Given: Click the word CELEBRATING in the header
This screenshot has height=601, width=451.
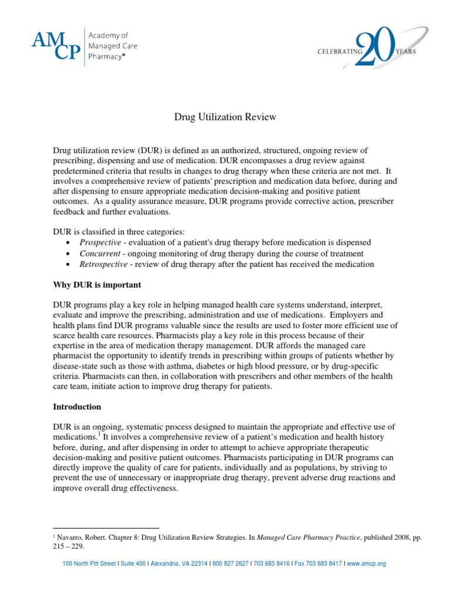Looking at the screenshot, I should pyautogui.click(x=341, y=51).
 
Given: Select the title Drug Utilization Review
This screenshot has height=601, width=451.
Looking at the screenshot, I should pyautogui.click(x=225, y=117).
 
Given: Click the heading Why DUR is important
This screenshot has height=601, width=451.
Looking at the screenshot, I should pyautogui.click(x=97, y=285).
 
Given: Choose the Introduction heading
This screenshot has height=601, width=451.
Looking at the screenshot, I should pyautogui.click(x=77, y=406).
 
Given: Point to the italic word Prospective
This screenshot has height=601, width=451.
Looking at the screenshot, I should pyautogui.click(x=100, y=242).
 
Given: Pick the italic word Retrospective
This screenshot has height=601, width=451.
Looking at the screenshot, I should pyautogui.click(x=103, y=264).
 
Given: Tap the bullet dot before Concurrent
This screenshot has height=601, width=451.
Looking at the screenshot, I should pyautogui.click(x=70, y=254).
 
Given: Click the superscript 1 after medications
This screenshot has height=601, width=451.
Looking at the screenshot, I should pyautogui.click(x=100, y=434).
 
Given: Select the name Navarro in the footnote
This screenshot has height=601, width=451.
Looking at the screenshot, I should pyautogui.click(x=72, y=536).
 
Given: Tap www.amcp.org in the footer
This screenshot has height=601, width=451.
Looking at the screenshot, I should pyautogui.click(x=367, y=563).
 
